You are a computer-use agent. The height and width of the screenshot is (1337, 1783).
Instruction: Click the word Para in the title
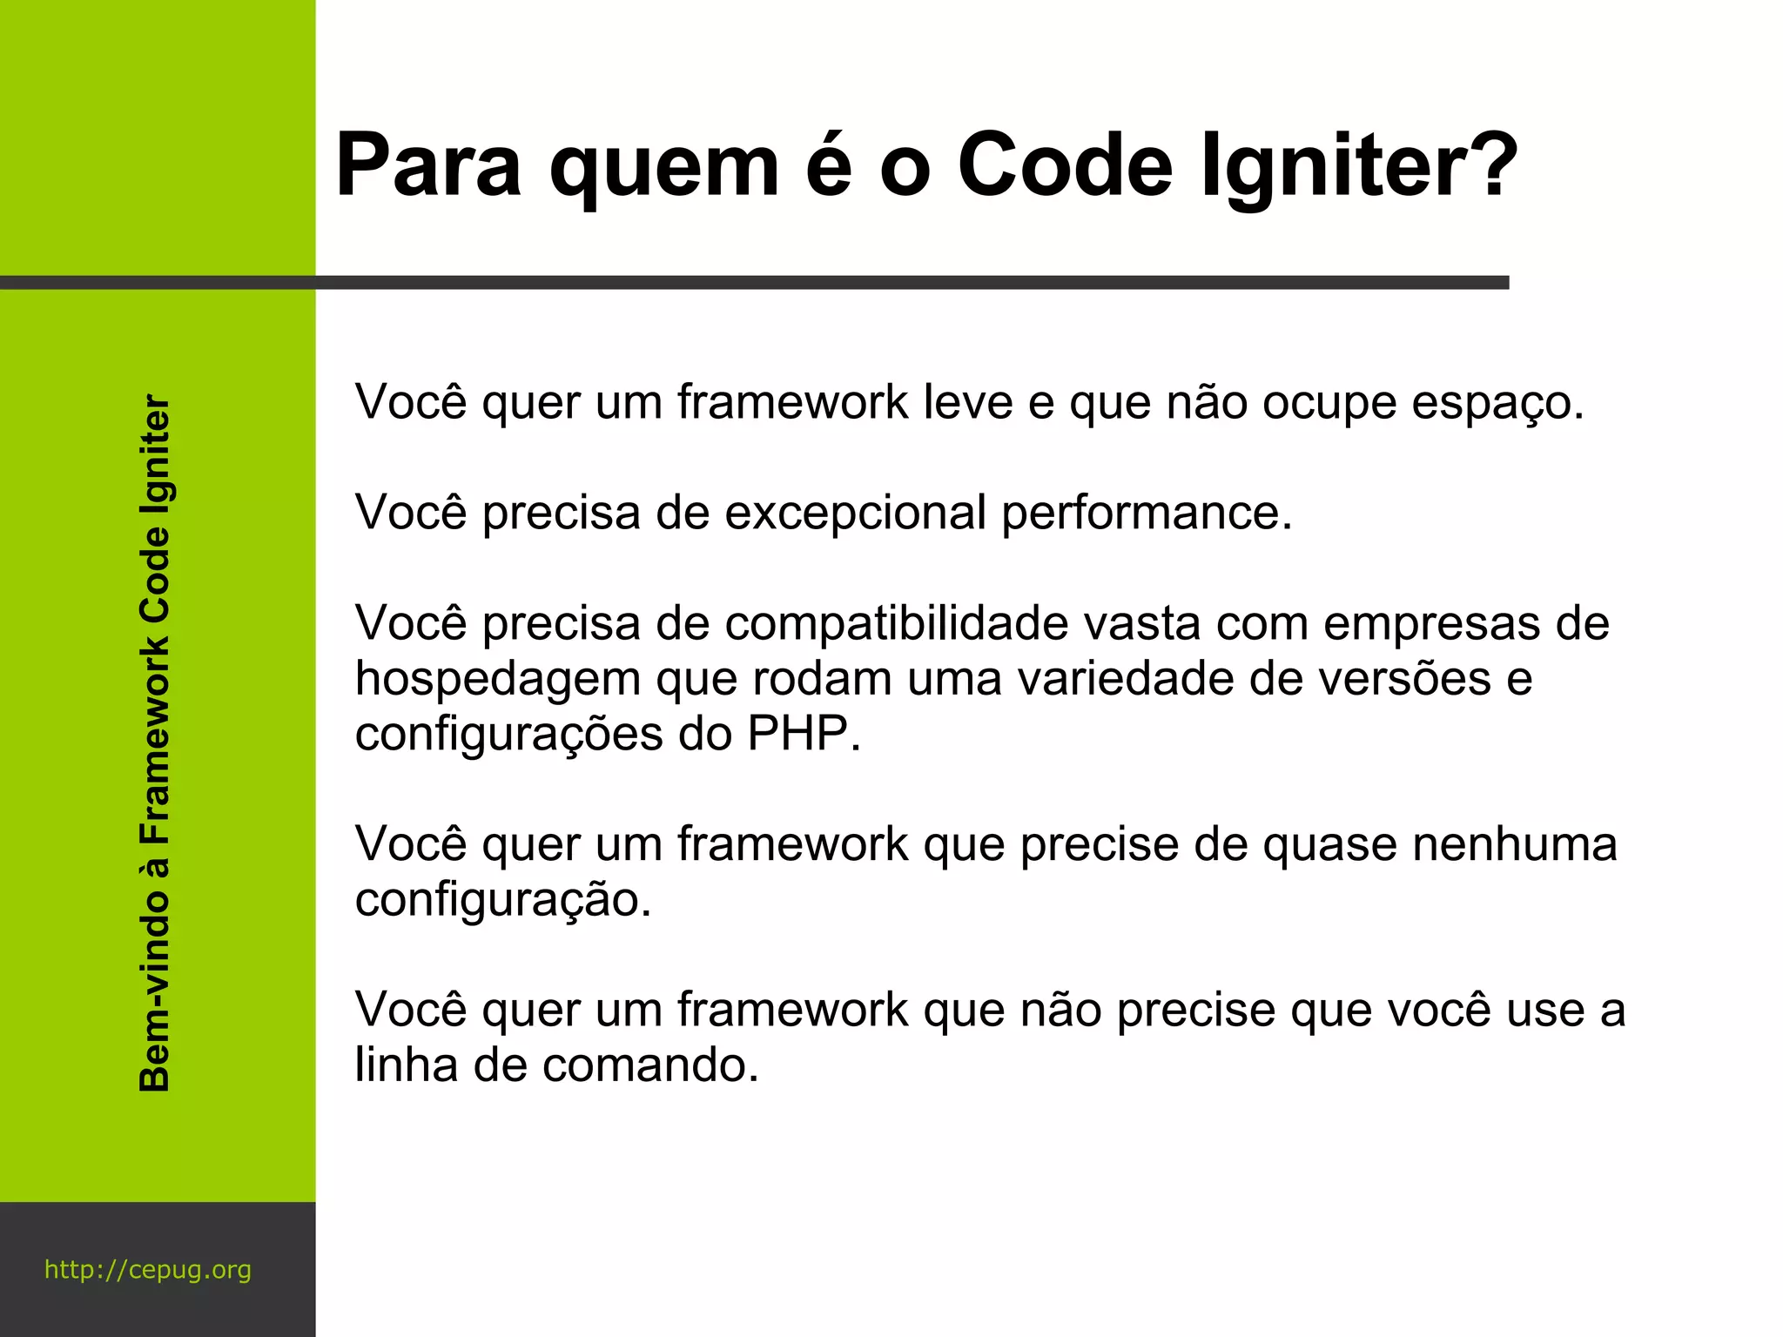(428, 165)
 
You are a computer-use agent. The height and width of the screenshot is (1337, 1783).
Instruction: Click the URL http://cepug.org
(148, 1270)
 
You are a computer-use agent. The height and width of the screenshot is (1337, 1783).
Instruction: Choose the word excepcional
(855, 514)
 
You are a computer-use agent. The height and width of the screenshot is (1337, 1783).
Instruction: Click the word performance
(1147, 514)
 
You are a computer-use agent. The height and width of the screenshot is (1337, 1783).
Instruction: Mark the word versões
(1404, 679)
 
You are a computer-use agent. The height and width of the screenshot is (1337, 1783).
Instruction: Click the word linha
(406, 1065)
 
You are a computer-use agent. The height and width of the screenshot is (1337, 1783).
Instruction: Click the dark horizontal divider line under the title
(754, 282)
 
